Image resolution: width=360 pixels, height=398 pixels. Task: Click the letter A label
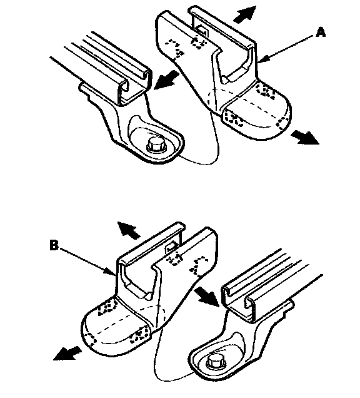coord(321,33)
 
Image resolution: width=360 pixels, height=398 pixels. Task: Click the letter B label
coord(54,245)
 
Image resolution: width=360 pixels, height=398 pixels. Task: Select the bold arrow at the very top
coord(244,14)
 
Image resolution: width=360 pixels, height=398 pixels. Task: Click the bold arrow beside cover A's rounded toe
coord(304,137)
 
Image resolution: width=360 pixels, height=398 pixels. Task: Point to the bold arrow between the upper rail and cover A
coord(167,79)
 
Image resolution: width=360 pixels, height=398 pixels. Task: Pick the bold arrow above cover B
coord(129,230)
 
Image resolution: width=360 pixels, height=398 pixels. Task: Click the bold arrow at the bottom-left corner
coord(67,353)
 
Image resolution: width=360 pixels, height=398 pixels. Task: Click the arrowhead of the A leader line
coord(261,60)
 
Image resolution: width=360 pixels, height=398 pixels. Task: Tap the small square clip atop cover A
coord(202,31)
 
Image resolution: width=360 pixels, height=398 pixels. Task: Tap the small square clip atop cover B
coord(171,246)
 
